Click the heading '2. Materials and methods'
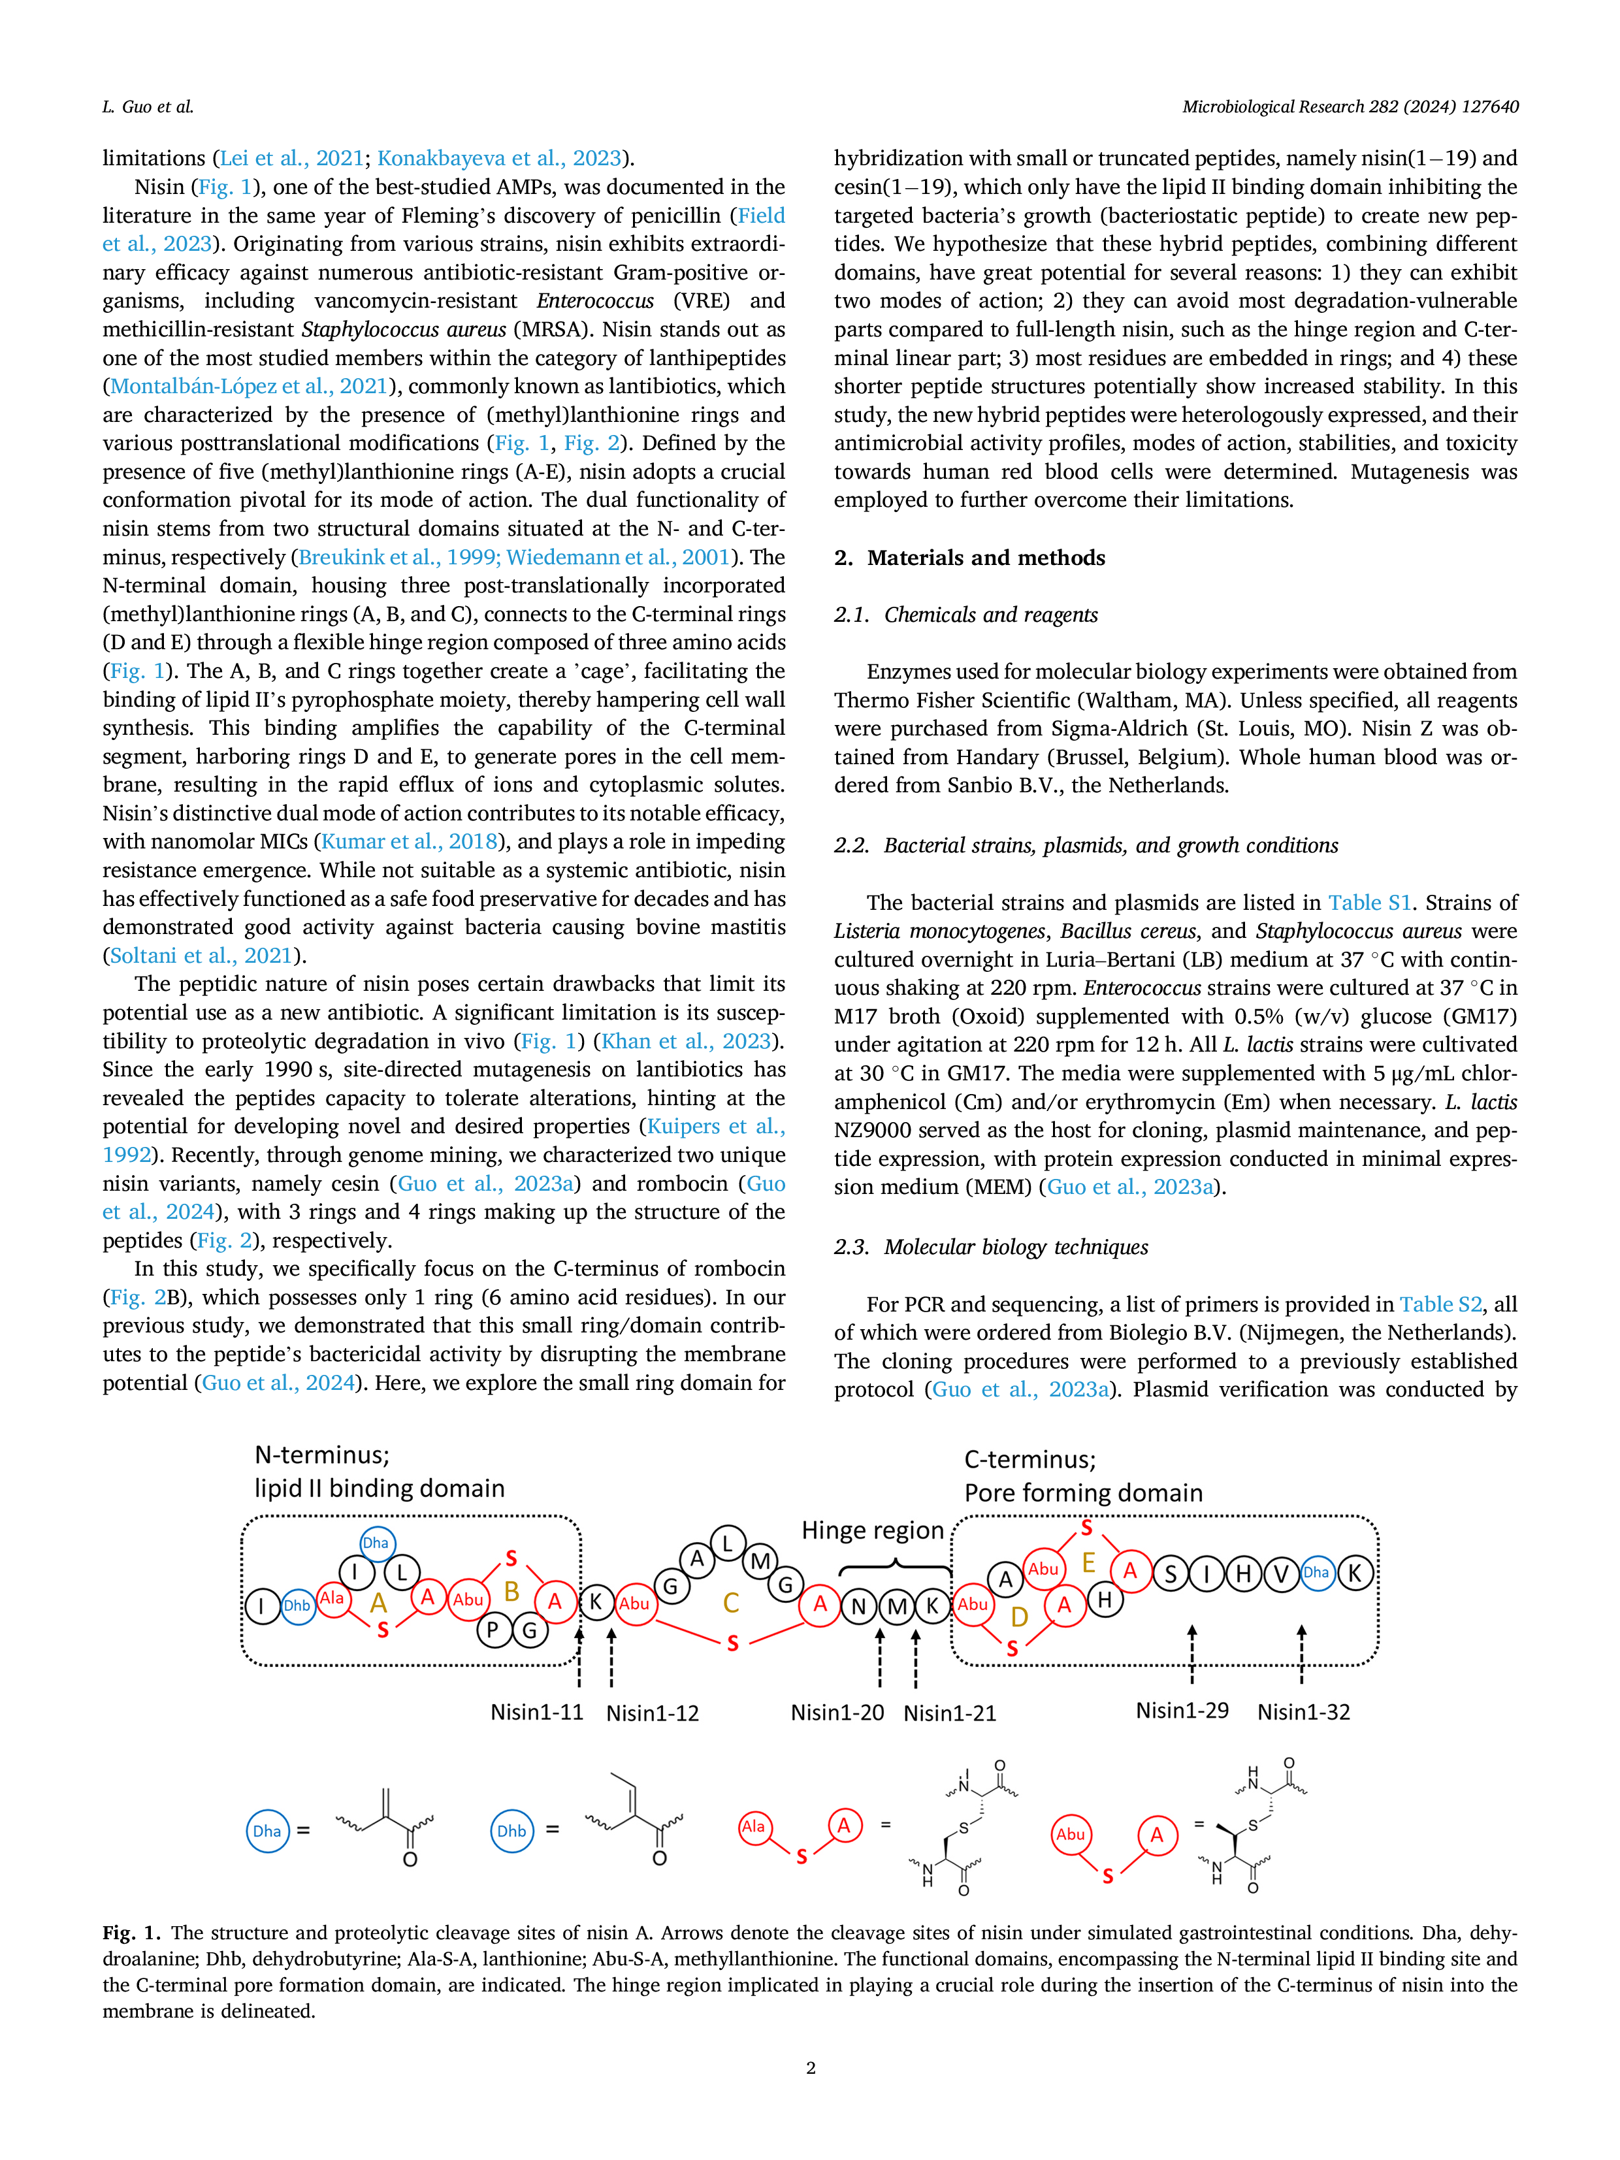(x=969, y=558)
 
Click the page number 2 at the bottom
(x=811, y=2067)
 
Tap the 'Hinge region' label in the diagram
(x=873, y=1530)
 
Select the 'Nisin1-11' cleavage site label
(x=536, y=1712)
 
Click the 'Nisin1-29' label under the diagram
(x=1182, y=1711)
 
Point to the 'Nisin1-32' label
(x=1304, y=1712)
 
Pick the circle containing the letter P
(x=494, y=1629)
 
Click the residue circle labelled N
(x=859, y=1606)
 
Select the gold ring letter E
(x=1088, y=1564)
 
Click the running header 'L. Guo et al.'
(x=148, y=106)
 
